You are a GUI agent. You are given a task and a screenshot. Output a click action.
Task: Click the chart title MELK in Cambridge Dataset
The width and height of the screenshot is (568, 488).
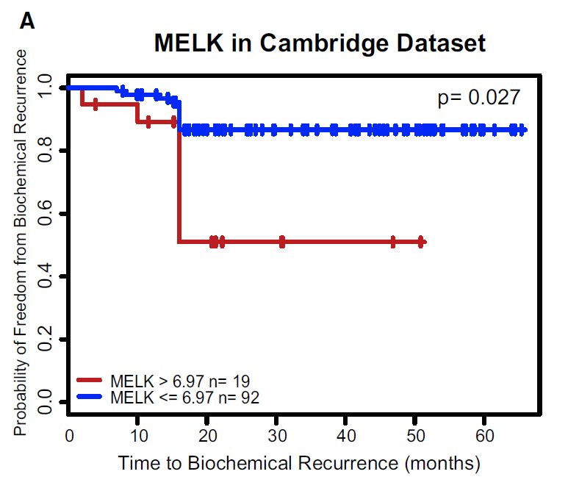(x=320, y=44)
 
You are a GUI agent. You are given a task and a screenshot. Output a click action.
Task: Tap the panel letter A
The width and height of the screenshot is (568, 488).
(x=27, y=22)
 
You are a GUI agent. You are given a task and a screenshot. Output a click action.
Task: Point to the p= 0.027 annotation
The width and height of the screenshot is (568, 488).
(x=479, y=98)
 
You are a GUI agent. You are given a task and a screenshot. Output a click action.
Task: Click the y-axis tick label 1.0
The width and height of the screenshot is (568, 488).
(x=46, y=88)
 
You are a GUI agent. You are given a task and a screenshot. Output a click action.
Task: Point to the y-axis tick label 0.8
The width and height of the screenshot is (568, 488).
(x=46, y=151)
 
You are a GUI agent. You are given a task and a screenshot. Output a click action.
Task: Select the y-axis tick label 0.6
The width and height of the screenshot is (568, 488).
(x=46, y=214)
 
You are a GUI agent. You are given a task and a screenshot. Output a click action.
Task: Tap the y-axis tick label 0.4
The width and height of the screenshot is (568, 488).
(x=46, y=276)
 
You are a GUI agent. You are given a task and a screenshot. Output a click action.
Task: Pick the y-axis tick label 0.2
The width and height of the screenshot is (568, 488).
(x=46, y=340)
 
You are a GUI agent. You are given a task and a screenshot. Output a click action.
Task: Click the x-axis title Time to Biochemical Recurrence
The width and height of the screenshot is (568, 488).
(x=299, y=464)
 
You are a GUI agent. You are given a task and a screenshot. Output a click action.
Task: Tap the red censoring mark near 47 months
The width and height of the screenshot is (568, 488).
(x=393, y=242)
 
